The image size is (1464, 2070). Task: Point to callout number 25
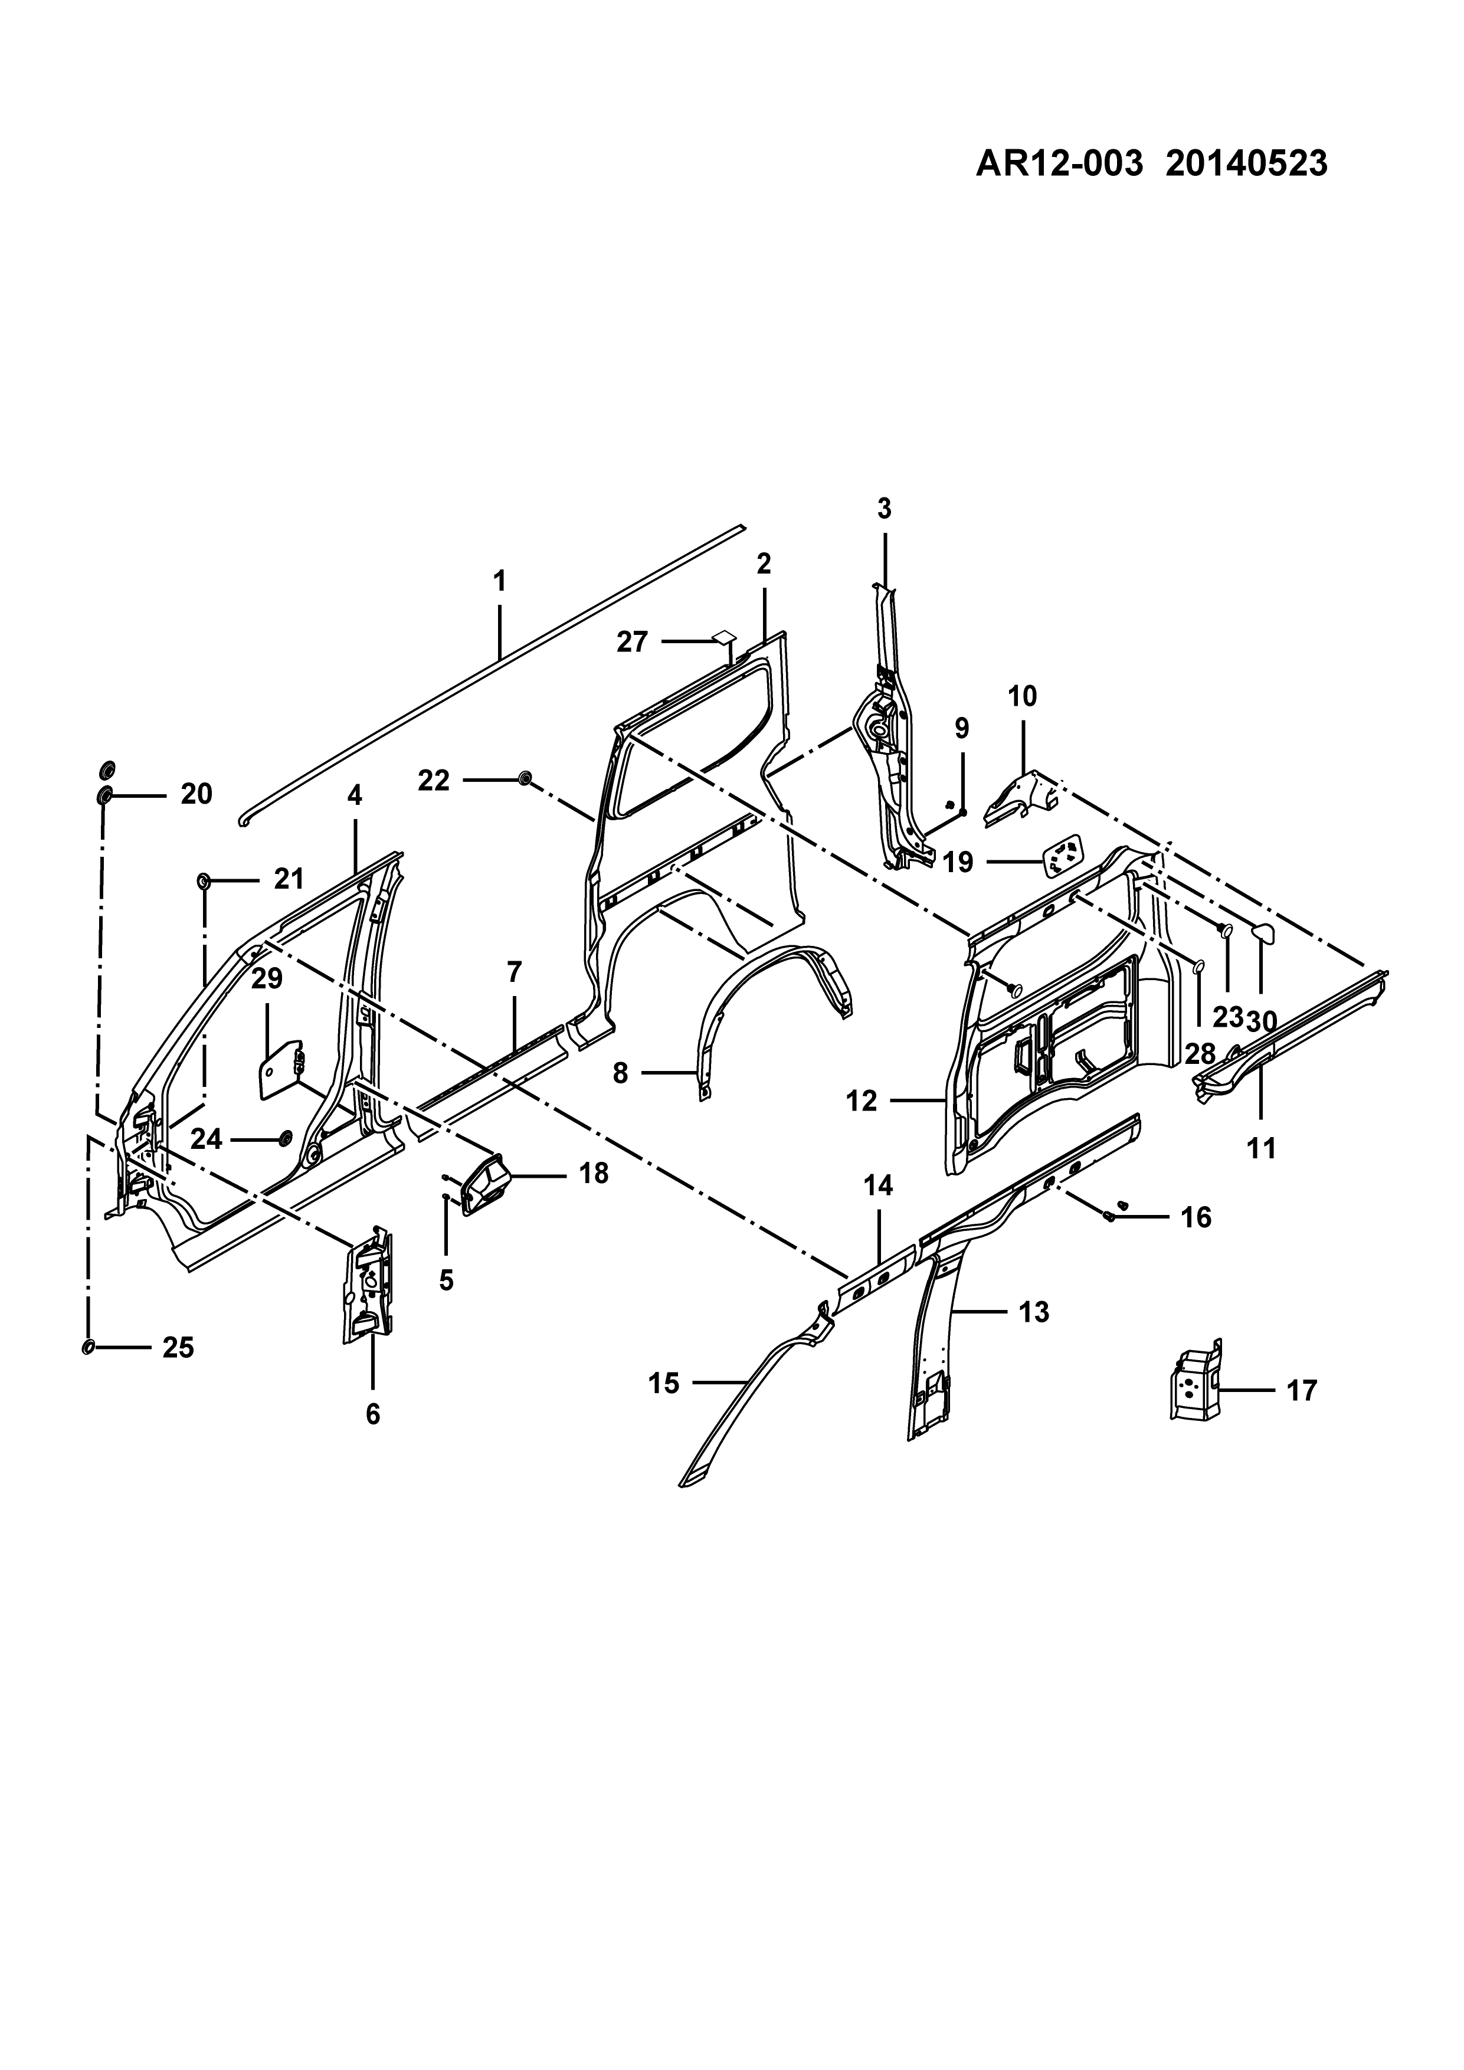point(178,1347)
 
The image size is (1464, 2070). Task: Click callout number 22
point(434,780)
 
